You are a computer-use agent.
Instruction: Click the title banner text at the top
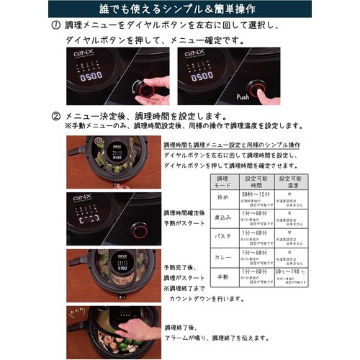(x=180, y=9)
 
